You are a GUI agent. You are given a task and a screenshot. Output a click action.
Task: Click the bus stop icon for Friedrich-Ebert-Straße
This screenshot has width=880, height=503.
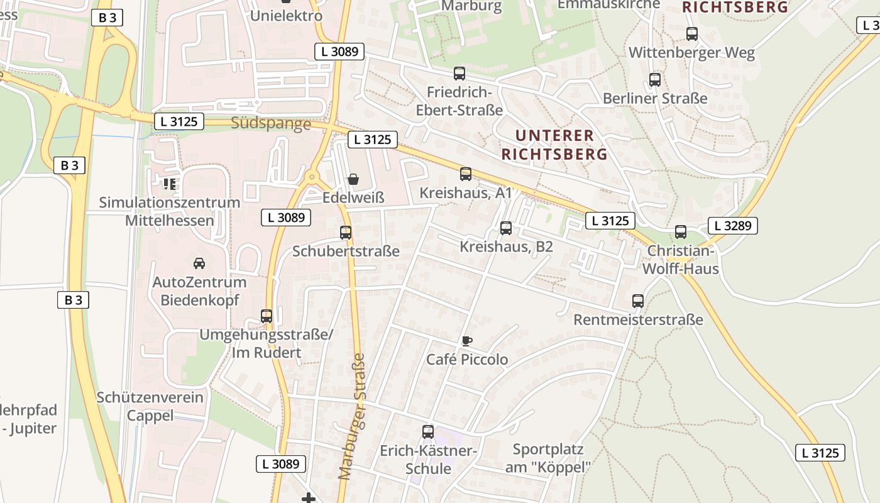pos(459,74)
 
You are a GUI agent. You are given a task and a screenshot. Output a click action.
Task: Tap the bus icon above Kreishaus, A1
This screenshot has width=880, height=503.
pos(466,174)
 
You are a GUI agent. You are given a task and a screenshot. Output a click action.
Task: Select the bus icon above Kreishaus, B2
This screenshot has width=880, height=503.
pos(506,228)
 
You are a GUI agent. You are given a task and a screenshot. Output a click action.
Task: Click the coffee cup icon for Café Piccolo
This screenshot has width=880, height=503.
pos(466,341)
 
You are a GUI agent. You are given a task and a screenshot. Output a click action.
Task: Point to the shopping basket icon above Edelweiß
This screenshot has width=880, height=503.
pos(353,180)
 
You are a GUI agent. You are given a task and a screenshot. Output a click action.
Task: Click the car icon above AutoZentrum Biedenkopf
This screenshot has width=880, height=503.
pos(199,263)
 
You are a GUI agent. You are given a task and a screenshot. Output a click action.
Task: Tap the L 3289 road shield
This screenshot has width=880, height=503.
pos(733,226)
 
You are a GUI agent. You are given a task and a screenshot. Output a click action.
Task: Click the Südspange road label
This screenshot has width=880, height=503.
pos(271,123)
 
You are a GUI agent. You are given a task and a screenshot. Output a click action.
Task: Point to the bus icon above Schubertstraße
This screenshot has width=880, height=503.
pos(346,233)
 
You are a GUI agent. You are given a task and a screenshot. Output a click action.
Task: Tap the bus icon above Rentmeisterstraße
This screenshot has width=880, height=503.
pos(638,301)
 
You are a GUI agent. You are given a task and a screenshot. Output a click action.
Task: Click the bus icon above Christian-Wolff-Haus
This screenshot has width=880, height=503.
pos(681,232)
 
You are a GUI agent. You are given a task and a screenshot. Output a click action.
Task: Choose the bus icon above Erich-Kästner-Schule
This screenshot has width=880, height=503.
pos(428,432)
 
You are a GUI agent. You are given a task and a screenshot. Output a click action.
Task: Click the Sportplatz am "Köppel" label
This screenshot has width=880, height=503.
pos(548,458)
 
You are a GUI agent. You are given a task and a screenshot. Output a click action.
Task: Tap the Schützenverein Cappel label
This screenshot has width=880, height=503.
pos(150,406)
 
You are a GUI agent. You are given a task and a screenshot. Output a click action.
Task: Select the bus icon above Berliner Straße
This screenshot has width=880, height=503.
pos(655,80)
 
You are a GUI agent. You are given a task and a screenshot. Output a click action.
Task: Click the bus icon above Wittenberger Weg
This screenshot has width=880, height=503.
pos(692,34)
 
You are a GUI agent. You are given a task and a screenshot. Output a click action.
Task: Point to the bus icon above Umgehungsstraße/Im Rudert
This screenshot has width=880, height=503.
pos(267,316)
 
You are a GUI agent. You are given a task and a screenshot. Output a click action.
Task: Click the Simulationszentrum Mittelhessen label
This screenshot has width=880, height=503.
pos(170,211)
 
